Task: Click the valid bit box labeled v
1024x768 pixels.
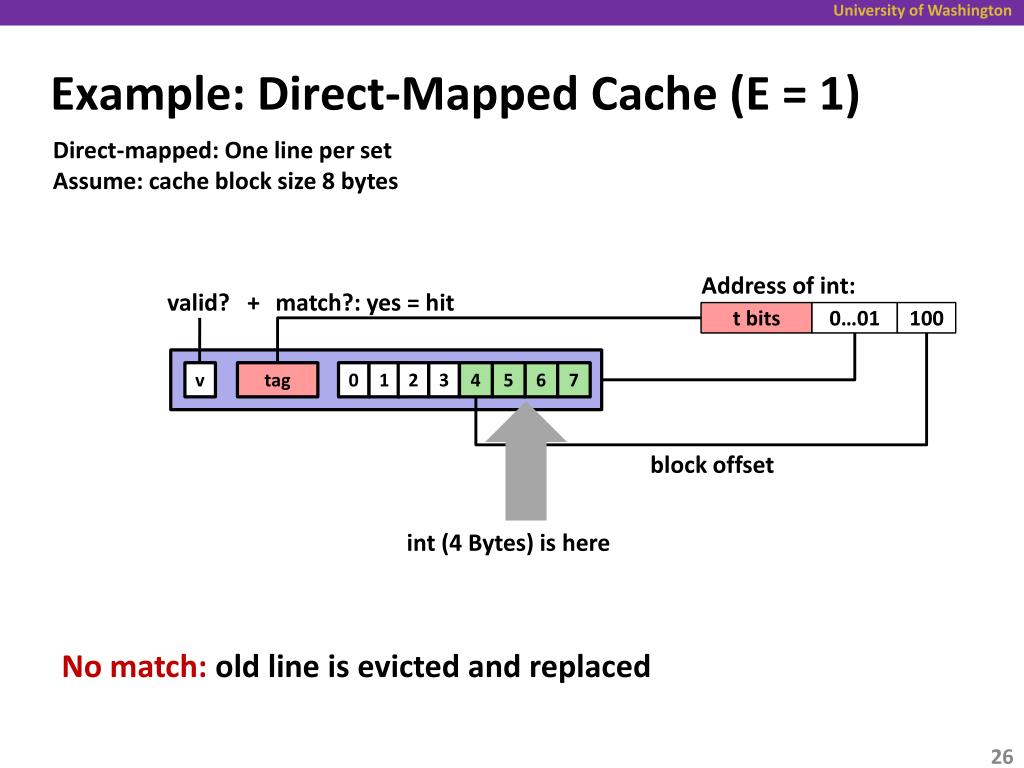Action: (x=200, y=379)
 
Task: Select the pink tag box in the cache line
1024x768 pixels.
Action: (x=278, y=379)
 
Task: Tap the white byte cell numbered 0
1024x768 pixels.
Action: (x=353, y=379)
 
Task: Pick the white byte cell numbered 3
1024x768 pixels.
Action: (x=444, y=379)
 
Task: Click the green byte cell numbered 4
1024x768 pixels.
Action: (x=475, y=379)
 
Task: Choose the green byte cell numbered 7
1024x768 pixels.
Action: (x=574, y=379)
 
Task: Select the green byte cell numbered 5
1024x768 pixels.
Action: (x=508, y=379)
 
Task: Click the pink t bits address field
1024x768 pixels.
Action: (x=756, y=318)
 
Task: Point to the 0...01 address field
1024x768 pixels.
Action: (x=854, y=318)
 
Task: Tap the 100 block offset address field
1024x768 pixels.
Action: (x=927, y=318)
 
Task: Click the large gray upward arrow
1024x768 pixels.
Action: (x=526, y=461)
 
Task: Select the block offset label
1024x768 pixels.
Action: (x=712, y=465)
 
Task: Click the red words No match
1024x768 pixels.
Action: (x=135, y=667)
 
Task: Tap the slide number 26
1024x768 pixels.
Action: (x=1001, y=756)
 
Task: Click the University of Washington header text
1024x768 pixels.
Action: (x=922, y=10)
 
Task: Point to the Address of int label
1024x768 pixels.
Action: (x=778, y=286)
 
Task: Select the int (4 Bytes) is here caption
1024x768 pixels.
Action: (x=508, y=543)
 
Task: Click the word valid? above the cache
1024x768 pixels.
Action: (x=199, y=303)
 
